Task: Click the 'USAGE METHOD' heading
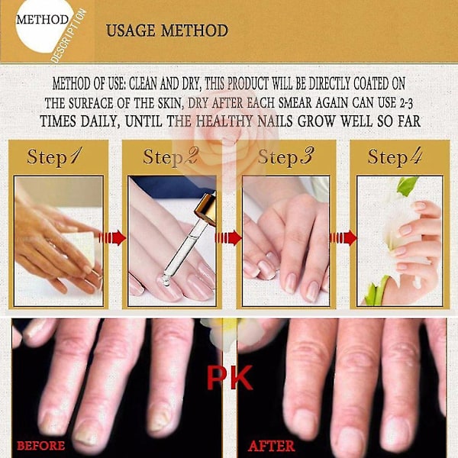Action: pyautogui.click(x=166, y=31)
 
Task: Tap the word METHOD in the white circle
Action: pyautogui.click(x=42, y=20)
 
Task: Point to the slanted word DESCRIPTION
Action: pyautogui.click(x=69, y=36)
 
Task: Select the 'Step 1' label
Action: pyautogui.click(x=55, y=156)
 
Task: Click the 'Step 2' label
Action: pyautogui.click(x=170, y=156)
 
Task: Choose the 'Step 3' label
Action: pyautogui.click(x=285, y=156)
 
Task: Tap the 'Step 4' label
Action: pyautogui.click(x=395, y=156)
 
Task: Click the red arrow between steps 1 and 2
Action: pyautogui.click(x=112, y=237)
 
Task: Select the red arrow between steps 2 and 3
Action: pyautogui.click(x=227, y=237)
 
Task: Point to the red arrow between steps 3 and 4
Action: pyautogui.click(x=343, y=237)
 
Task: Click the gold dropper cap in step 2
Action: pyautogui.click(x=206, y=208)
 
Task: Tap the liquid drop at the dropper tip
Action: pyautogui.click(x=166, y=281)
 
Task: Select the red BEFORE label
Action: pyautogui.click(x=41, y=446)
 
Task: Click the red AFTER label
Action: pyautogui.click(x=271, y=446)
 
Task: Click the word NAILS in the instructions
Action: pyautogui.click(x=275, y=121)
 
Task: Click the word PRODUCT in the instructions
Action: pyautogui.click(x=247, y=84)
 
